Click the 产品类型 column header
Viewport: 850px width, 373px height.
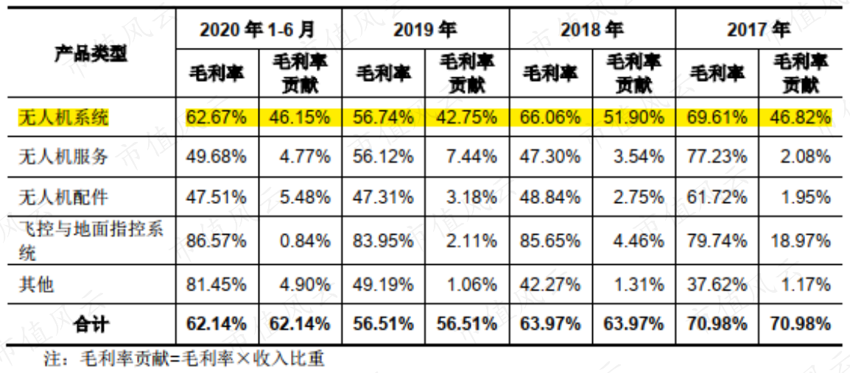pos(91,54)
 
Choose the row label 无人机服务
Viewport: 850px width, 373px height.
pos(63,157)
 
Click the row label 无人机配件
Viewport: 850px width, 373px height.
pos(63,197)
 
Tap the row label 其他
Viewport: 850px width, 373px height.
pos(36,284)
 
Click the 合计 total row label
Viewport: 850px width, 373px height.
pos(91,324)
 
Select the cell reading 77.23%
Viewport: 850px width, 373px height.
pos(717,157)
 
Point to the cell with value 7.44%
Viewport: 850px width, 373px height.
pos(471,157)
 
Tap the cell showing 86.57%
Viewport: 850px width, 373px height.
pos(217,239)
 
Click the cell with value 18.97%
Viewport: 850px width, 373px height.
pos(800,239)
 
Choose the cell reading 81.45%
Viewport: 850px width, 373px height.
pos(217,284)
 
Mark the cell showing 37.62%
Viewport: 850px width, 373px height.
pos(717,284)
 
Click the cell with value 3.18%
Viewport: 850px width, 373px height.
pos(471,197)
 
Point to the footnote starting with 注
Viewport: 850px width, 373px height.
pos(184,358)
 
